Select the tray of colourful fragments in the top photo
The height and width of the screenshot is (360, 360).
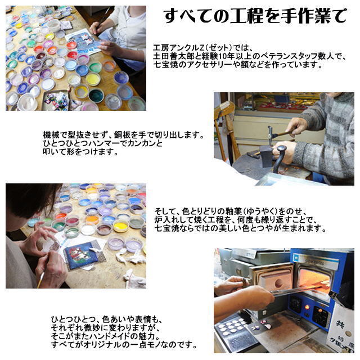[57, 101]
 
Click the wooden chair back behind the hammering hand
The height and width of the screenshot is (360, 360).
[226, 124]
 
